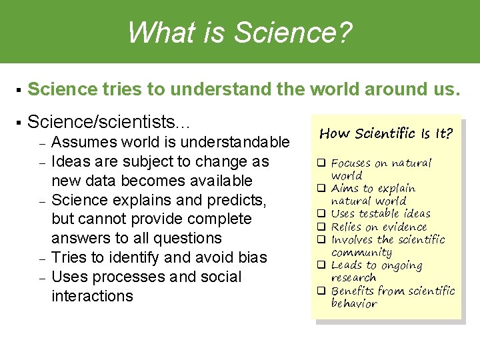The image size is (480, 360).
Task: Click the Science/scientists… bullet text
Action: (109, 122)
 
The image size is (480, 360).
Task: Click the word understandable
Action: (236, 142)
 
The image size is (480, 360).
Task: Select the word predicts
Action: (235, 200)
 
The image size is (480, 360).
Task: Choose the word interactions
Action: (92, 295)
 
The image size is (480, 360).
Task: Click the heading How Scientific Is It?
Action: (386, 134)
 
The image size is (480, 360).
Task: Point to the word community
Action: (361, 253)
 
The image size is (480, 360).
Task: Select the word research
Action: (353, 278)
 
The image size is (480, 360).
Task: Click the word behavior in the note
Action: (354, 304)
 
